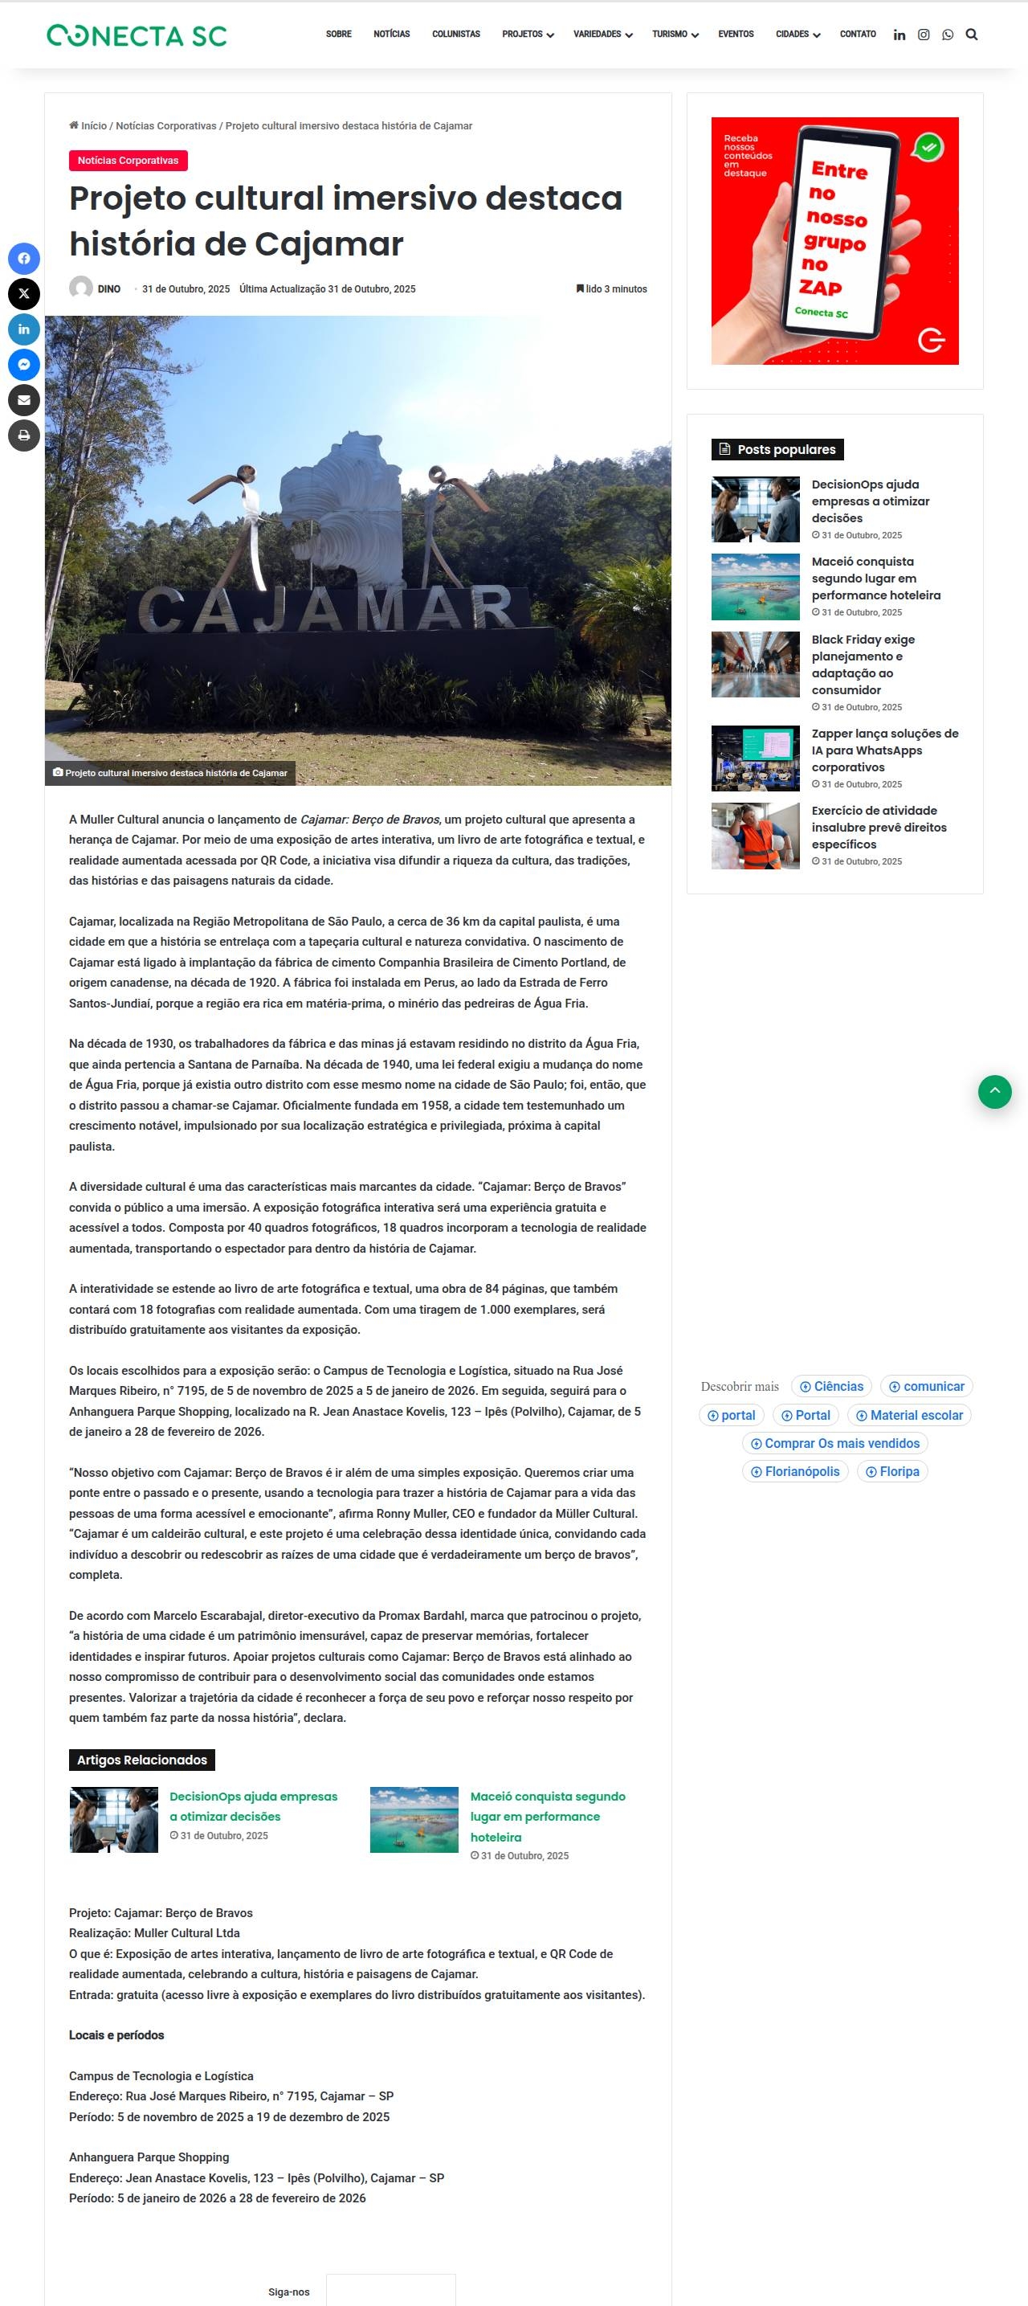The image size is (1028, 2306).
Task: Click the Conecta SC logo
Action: click(137, 36)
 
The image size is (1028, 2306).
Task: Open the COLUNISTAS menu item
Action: click(455, 34)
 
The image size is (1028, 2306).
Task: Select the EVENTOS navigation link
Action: click(736, 34)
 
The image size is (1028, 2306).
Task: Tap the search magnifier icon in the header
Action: click(972, 35)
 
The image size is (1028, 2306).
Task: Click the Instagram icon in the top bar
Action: click(924, 35)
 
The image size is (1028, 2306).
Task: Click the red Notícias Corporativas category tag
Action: click(128, 160)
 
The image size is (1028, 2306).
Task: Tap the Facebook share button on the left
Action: click(24, 259)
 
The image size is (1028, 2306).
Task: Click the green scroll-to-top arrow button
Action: click(994, 1091)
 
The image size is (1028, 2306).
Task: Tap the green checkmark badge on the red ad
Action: click(928, 147)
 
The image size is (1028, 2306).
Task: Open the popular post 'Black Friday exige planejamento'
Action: click(863, 664)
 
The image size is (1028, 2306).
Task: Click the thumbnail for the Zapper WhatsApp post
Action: click(755, 758)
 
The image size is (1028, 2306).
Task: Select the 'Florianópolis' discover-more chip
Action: click(795, 1471)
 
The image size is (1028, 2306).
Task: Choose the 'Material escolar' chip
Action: click(909, 1414)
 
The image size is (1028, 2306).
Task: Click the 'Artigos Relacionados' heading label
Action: click(141, 1759)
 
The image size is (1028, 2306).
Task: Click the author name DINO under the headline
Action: click(109, 289)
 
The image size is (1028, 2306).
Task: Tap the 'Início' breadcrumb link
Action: click(93, 126)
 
